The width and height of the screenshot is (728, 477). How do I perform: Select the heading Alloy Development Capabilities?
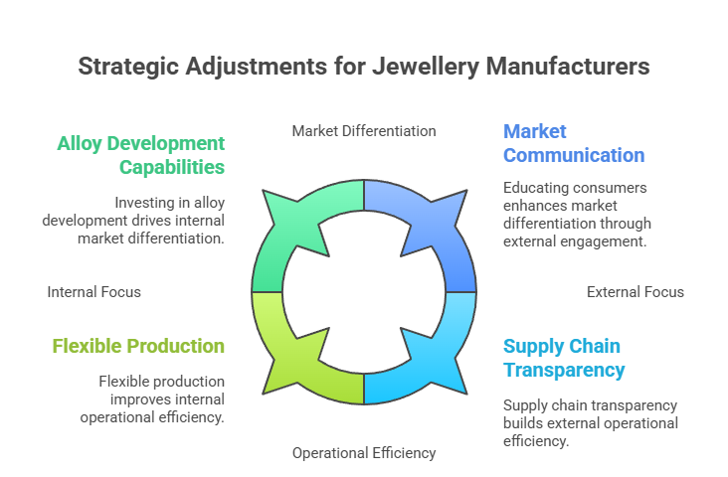pyautogui.click(x=140, y=154)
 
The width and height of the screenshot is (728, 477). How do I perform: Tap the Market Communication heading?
pyautogui.click(x=573, y=143)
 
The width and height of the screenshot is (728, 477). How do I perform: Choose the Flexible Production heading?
pyautogui.click(x=138, y=346)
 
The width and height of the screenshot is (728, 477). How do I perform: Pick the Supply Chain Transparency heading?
pyautogui.click(x=564, y=358)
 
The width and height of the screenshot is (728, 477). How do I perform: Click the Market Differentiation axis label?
pyautogui.click(x=364, y=130)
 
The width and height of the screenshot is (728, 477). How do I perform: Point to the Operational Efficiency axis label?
pyautogui.click(x=364, y=453)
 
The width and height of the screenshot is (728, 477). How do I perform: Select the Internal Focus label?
pyautogui.click(x=94, y=292)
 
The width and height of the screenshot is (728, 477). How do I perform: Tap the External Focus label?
pyautogui.click(x=635, y=292)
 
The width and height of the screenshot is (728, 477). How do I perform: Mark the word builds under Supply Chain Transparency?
pyautogui.click(x=524, y=423)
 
